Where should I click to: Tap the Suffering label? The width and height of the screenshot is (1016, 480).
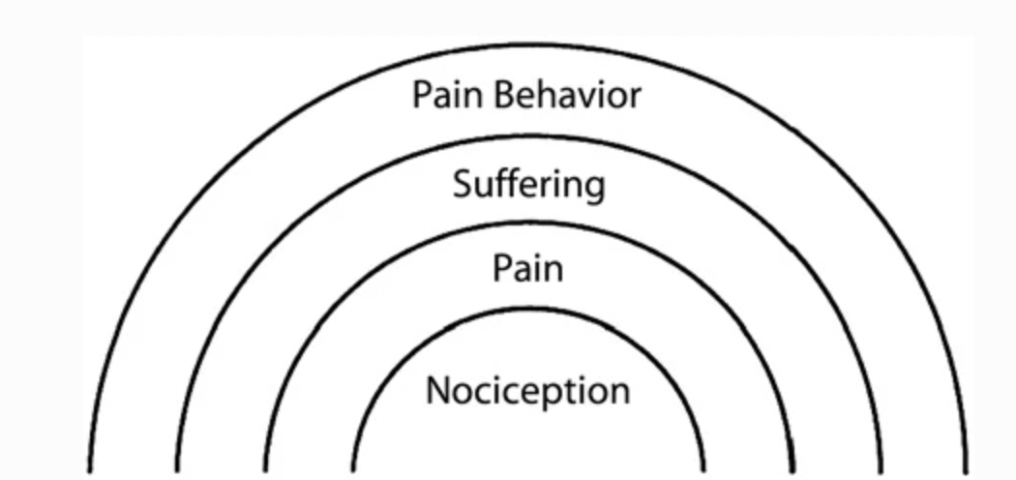[528, 183]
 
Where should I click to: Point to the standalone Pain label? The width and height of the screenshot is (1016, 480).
[526, 267]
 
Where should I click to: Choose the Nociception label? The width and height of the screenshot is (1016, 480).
[527, 391]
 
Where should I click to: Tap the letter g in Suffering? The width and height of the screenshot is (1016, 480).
[594, 187]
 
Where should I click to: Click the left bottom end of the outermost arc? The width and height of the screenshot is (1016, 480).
[91, 470]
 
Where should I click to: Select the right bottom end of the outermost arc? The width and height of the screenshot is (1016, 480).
[966, 470]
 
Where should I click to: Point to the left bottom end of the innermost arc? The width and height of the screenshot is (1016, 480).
[353, 470]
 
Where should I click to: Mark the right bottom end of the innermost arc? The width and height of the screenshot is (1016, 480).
[703, 470]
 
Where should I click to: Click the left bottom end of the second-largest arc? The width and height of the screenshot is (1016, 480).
[178, 470]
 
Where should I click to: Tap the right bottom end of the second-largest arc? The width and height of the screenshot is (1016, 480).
[880, 470]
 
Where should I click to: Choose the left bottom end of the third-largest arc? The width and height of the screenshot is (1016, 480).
[265, 470]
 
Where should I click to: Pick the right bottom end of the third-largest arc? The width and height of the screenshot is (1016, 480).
[792, 470]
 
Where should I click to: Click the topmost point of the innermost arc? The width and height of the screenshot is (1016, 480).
[528, 310]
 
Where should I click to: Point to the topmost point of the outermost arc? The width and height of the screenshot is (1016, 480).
[528, 45]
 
